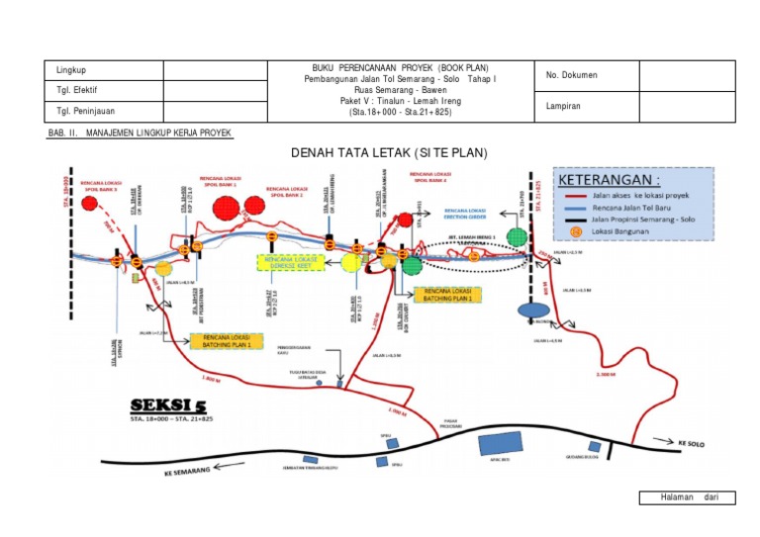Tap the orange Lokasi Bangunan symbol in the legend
[x=577, y=233]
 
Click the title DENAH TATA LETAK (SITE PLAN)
[x=389, y=152]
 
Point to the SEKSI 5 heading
[x=170, y=406]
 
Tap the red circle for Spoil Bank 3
[x=91, y=205]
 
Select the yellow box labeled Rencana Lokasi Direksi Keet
[x=287, y=262]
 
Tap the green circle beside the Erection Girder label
[x=516, y=236]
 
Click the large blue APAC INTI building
[x=505, y=447]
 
